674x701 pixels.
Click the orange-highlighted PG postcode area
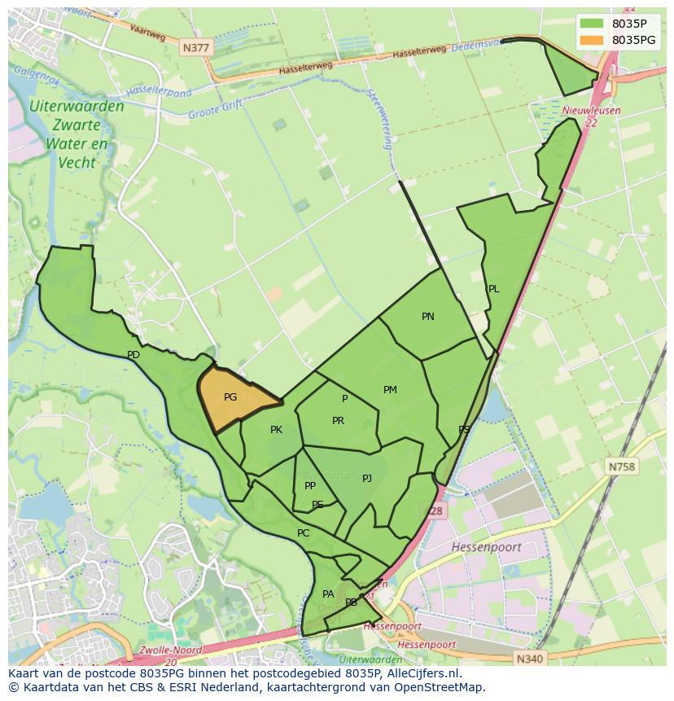(236, 397)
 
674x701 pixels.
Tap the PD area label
(133, 355)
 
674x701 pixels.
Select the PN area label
(428, 317)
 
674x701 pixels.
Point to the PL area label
(493, 289)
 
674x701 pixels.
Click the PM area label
(390, 390)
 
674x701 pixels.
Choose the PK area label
(276, 430)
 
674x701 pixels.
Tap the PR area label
(338, 421)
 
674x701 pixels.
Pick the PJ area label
(367, 478)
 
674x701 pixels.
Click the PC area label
(303, 533)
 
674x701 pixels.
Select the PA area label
(328, 594)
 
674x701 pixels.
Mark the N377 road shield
(196, 48)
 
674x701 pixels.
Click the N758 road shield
(622, 467)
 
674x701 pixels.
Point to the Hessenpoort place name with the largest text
(486, 547)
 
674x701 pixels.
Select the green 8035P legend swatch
(592, 24)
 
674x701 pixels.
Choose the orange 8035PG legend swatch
(592, 40)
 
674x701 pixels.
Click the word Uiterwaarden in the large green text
(77, 107)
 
